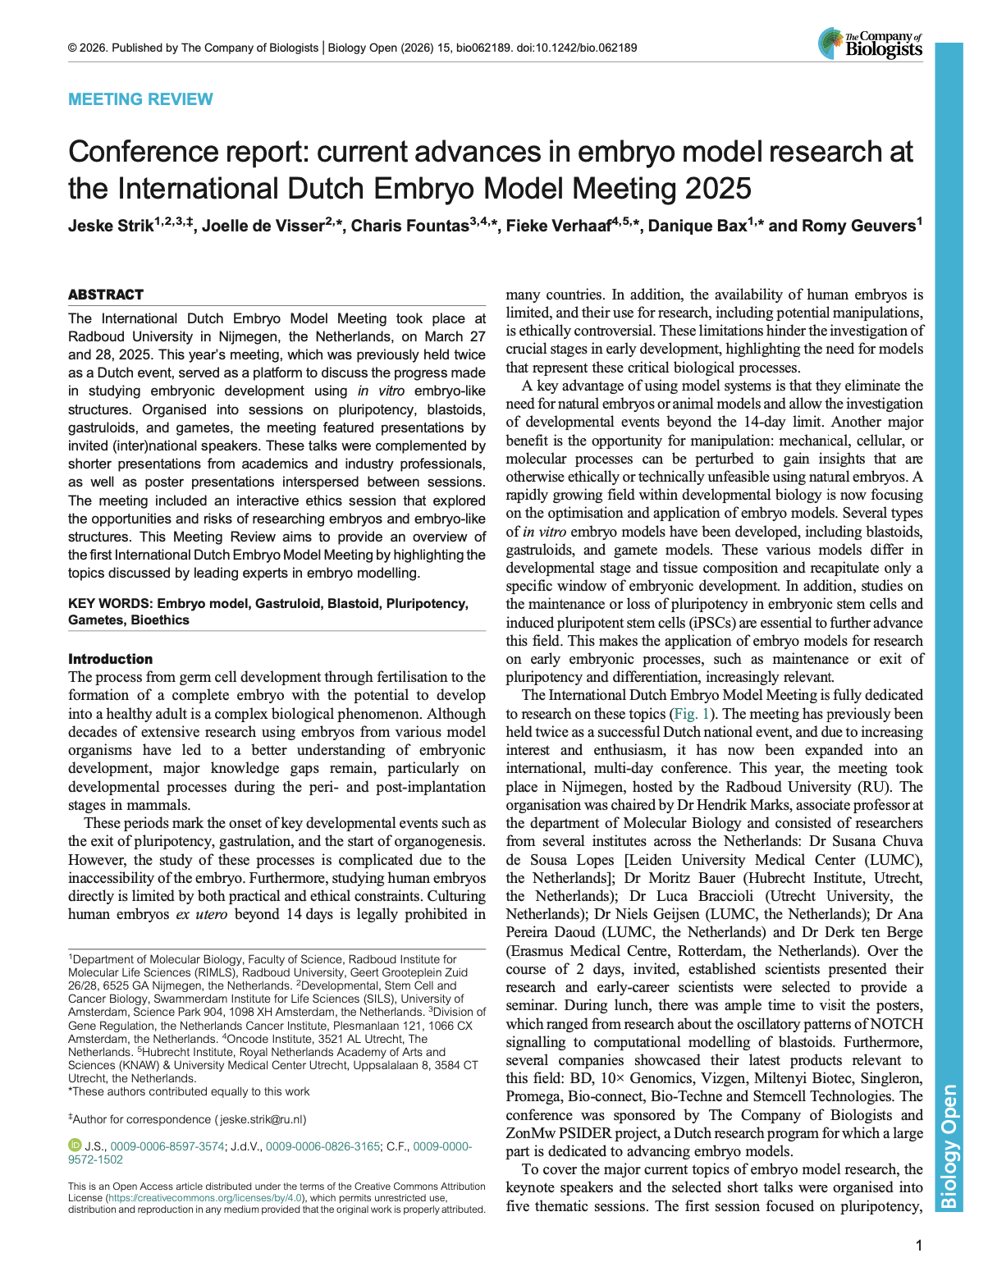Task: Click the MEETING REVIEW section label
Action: (140, 99)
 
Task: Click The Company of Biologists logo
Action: (871, 43)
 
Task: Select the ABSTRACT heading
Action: (106, 295)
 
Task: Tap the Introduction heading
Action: (110, 659)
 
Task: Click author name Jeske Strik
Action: (111, 226)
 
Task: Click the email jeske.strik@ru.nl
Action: (263, 1119)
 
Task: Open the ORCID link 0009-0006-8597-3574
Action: (167, 1146)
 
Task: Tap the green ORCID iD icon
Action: (75, 1146)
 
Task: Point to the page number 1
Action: (919, 1246)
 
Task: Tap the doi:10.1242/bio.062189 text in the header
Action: (576, 48)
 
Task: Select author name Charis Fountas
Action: (409, 226)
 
